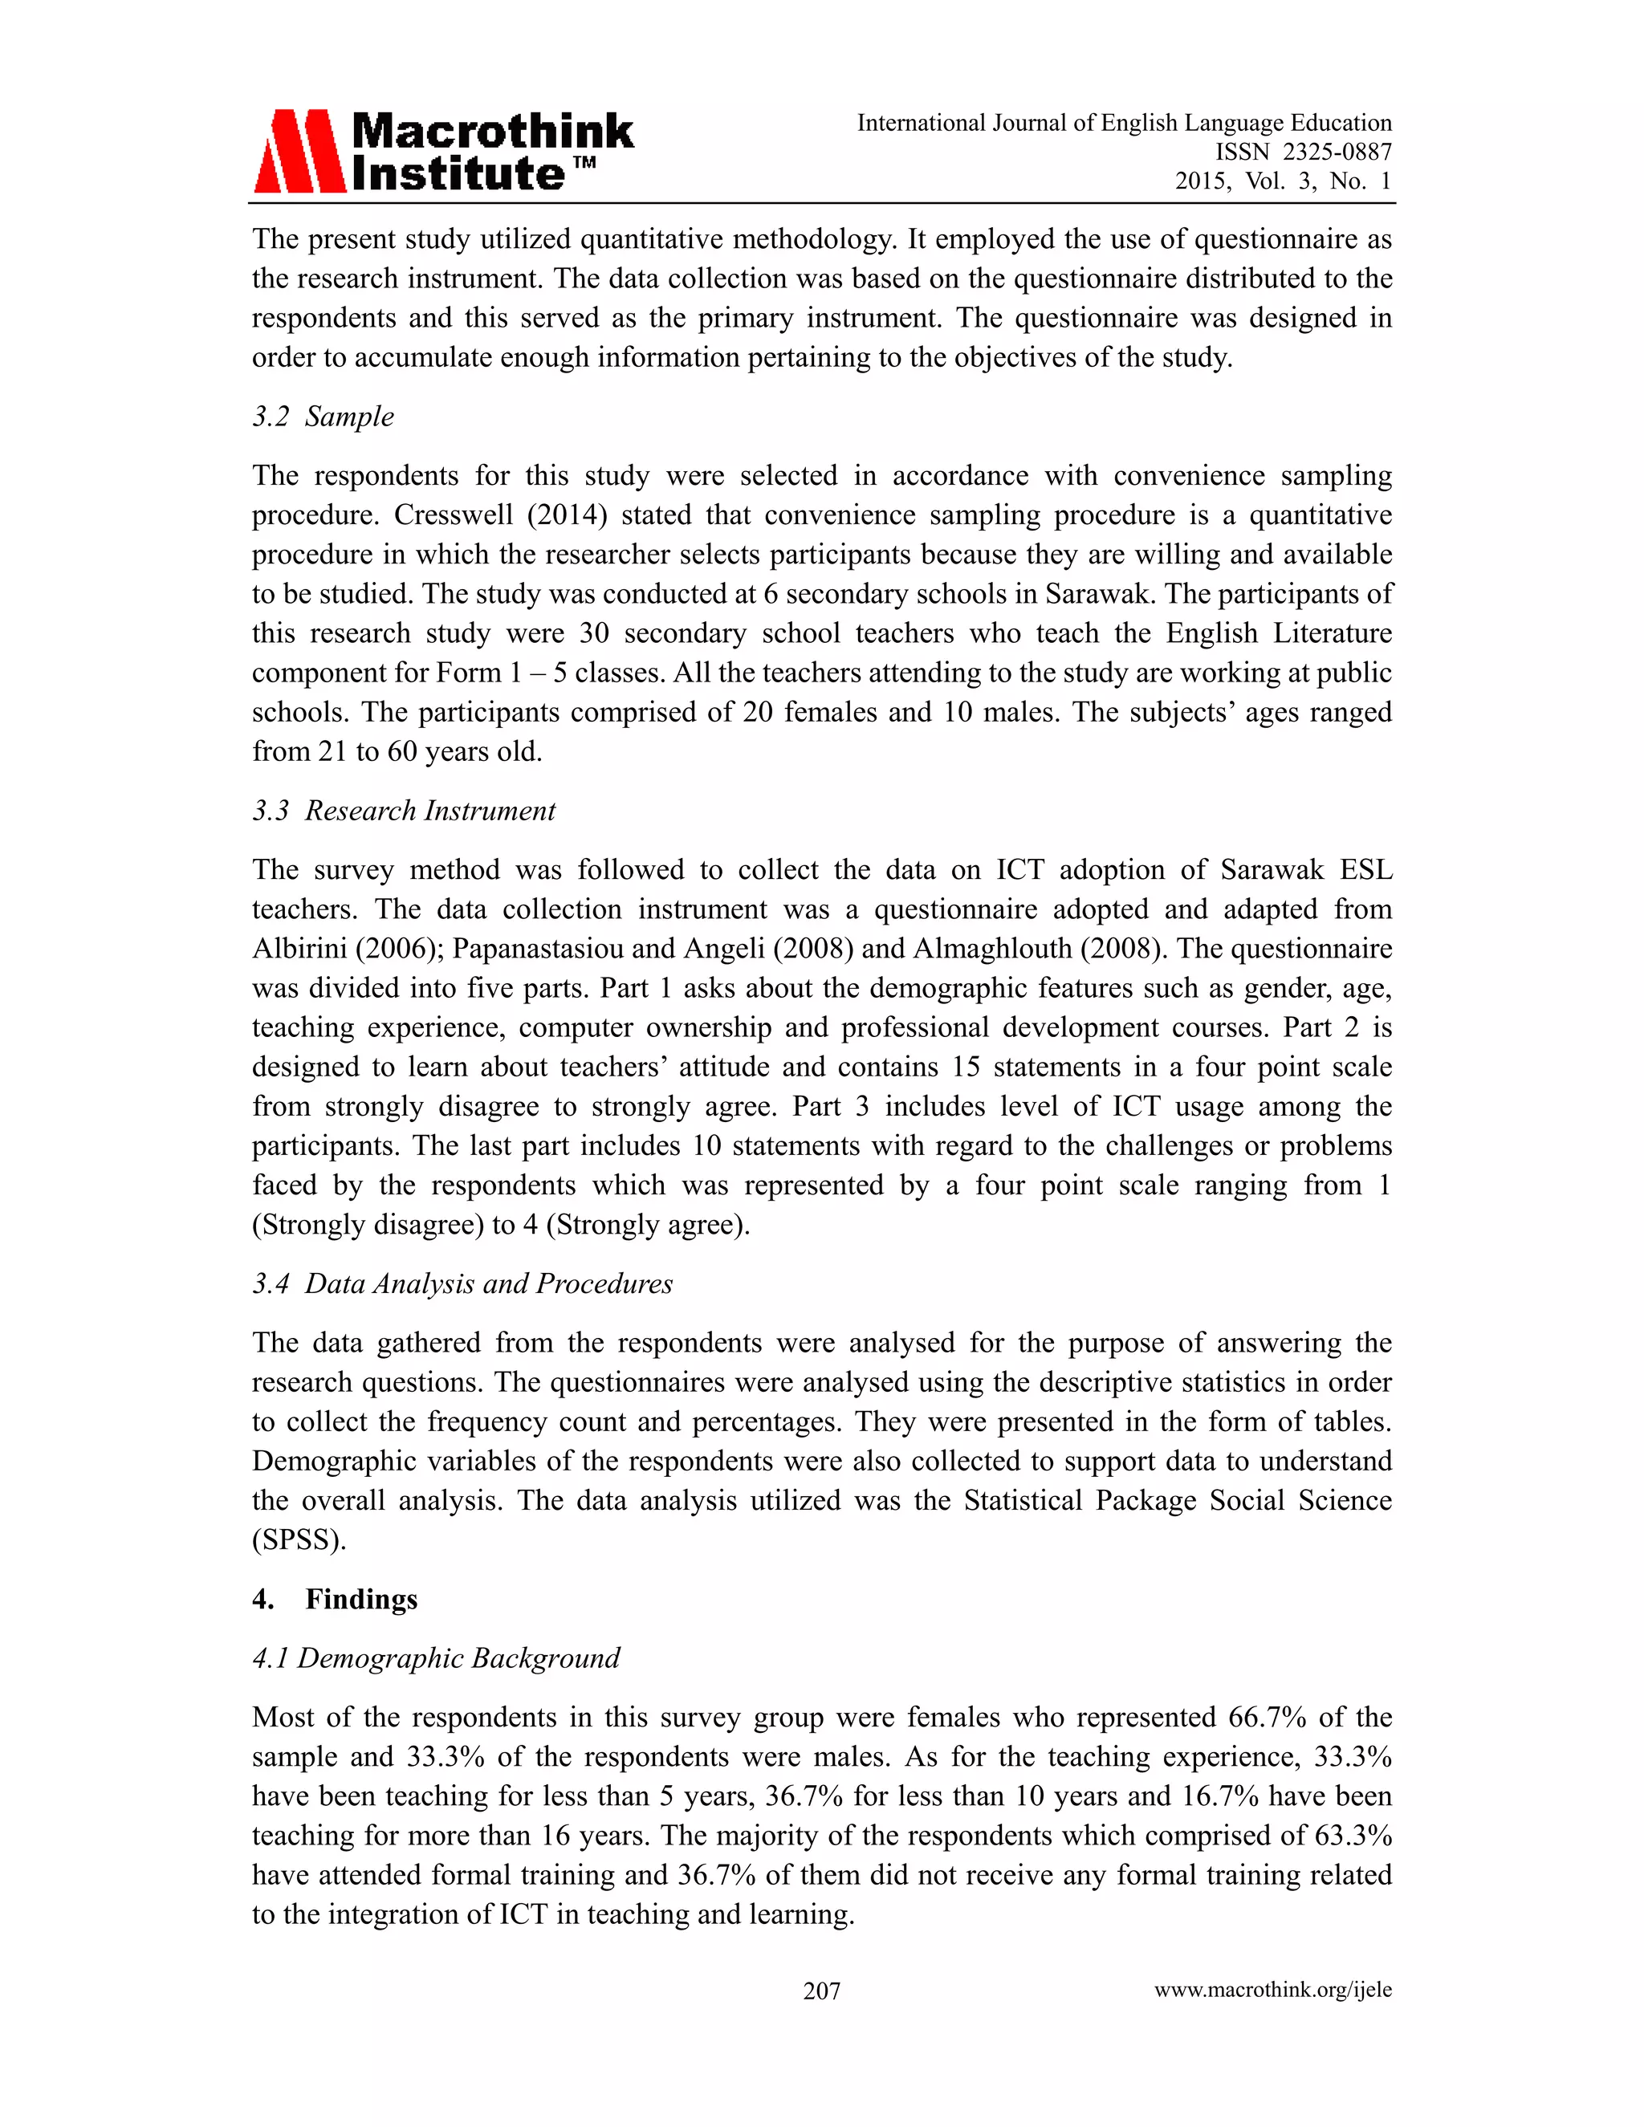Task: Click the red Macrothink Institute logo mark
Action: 299,151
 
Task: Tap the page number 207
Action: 821,1991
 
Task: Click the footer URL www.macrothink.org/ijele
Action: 1273,1990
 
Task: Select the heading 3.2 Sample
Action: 324,417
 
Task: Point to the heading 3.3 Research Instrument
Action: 405,811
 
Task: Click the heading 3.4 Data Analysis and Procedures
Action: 462,1283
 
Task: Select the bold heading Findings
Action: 361,1599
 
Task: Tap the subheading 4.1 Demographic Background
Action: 437,1657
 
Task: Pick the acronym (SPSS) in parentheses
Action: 299,1539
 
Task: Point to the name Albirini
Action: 294,949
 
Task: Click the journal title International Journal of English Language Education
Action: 1124,123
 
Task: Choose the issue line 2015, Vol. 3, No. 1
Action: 1283,181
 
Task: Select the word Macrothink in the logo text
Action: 492,131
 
